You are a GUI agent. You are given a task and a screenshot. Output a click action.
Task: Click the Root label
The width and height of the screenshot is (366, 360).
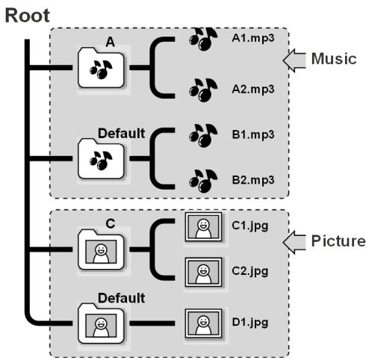pos(28,16)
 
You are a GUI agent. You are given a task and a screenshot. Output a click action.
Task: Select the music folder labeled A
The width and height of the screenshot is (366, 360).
pos(101,67)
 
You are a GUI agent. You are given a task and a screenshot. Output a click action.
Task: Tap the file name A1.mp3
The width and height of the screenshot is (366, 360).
pos(253,38)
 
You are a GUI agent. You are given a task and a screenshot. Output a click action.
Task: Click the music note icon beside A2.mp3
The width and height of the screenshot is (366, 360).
pos(203,90)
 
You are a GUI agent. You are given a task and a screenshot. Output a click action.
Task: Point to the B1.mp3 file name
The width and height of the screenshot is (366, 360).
pos(253,134)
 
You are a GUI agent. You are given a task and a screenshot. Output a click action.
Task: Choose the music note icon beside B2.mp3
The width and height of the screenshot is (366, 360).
pos(203,181)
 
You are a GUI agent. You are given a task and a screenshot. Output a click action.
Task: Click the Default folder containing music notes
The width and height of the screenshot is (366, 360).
pos(101,158)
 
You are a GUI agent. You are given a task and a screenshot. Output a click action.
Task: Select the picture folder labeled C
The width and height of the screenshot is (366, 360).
pos(101,249)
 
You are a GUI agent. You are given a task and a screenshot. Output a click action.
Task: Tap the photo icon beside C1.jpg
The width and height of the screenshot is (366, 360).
pos(203,227)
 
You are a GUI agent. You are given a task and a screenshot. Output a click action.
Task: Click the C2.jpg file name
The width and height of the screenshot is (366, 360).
pos(250,271)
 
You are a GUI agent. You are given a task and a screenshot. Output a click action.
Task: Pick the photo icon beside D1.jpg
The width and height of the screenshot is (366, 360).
pos(203,323)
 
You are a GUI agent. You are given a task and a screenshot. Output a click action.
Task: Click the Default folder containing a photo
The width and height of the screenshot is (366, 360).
pos(101,323)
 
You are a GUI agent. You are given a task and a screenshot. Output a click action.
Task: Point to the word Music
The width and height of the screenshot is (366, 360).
pos(334,59)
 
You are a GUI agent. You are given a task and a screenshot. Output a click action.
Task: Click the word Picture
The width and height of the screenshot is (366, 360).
pos(338,241)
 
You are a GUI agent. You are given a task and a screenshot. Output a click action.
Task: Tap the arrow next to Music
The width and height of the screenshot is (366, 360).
pos(294,60)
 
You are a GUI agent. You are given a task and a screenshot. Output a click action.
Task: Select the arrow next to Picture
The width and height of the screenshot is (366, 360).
pos(294,243)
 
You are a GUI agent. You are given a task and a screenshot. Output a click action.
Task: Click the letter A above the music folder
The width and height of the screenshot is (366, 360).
pos(111,42)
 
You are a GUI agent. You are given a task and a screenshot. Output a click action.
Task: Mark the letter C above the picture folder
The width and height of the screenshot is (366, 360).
pos(111,223)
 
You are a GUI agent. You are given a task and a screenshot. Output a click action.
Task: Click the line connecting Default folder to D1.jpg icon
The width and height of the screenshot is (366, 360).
pos(152,323)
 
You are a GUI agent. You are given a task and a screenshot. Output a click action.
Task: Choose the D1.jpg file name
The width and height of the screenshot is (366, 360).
pos(250,323)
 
